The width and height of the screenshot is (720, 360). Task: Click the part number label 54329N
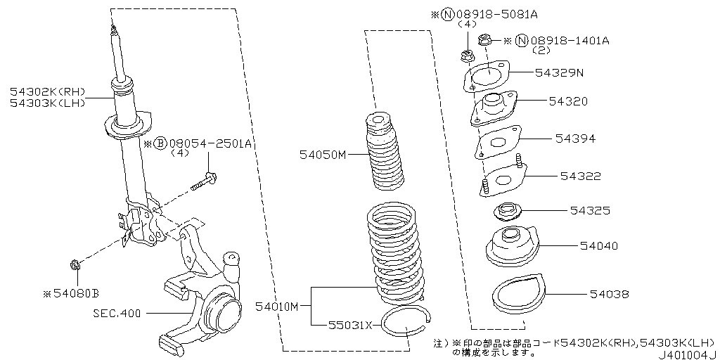tap(560, 72)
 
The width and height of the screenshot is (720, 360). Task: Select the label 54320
tap(569, 101)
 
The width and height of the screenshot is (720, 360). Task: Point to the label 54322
tap(580, 176)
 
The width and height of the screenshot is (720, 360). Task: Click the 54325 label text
tap(589, 210)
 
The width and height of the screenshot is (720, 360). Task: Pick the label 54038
tap(609, 294)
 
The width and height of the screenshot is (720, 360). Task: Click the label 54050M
tap(323, 154)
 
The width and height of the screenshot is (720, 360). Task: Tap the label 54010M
tap(277, 306)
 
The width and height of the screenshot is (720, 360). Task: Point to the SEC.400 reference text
tap(117, 311)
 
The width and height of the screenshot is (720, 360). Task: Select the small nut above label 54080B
tap(75, 266)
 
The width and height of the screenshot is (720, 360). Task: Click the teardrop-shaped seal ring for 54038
tap(517, 298)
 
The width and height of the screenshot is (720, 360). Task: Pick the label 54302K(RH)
tap(47, 91)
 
